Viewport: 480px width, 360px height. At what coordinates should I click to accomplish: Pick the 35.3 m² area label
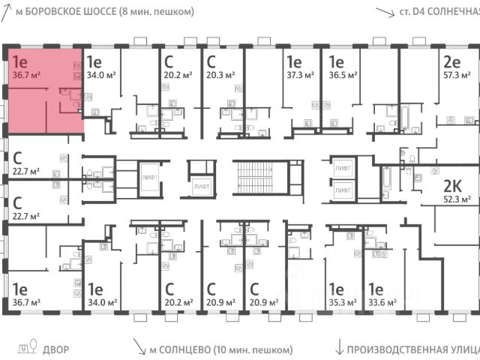pos(342,302)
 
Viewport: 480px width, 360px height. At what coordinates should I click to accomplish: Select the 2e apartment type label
pos(451,61)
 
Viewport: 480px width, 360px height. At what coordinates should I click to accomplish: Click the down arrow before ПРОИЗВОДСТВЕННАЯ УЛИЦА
pos(339,348)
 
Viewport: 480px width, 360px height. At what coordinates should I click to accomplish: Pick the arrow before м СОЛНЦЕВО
pos(139,348)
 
